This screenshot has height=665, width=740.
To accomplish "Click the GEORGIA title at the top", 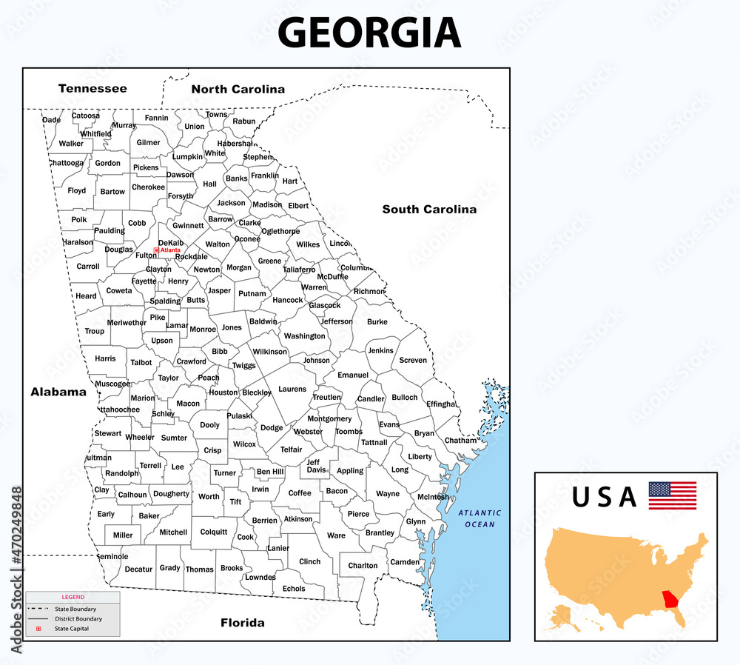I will [x=369, y=33].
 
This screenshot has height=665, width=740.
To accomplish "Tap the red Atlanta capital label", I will [x=169, y=250].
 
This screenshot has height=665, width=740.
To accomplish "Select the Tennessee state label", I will [x=92, y=88].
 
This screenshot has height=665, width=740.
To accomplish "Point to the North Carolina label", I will [x=238, y=89].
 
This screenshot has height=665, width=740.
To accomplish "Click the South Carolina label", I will [x=429, y=210].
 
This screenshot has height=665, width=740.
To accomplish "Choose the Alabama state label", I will [x=58, y=392].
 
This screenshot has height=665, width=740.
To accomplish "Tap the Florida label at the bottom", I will [x=242, y=623].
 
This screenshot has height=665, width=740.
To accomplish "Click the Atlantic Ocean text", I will [x=479, y=518].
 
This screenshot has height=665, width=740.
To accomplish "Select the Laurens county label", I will [x=292, y=389].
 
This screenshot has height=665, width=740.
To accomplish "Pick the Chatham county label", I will [x=460, y=440].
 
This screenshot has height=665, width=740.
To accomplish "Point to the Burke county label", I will [x=377, y=322].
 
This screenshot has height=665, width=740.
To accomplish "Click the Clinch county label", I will [x=309, y=561].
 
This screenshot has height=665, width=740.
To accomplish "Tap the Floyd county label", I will [x=77, y=190].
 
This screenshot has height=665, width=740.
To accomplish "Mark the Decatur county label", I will [x=138, y=569].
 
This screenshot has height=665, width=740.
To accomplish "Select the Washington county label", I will [x=304, y=335].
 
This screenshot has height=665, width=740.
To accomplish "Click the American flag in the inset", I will [x=672, y=495].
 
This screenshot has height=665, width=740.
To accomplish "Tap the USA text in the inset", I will [x=604, y=497].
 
